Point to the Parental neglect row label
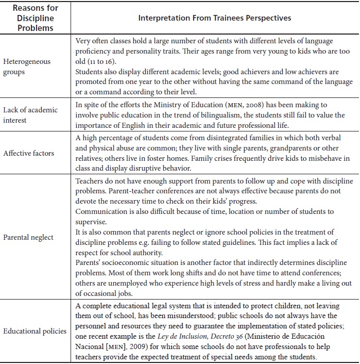click(x=28, y=237)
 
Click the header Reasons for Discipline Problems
click(x=35, y=18)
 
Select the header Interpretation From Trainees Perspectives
click(x=214, y=18)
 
